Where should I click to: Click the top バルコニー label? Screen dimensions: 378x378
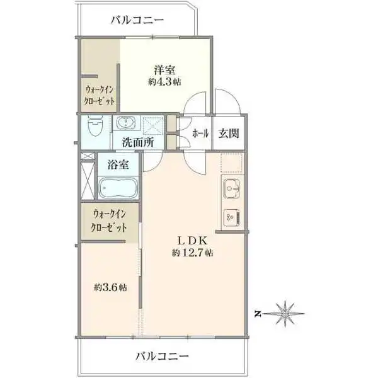coord(137,20)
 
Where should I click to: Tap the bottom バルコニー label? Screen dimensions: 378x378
coord(162,357)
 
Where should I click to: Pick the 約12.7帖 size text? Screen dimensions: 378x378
coord(192,253)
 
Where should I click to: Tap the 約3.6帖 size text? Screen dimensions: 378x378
coord(111,288)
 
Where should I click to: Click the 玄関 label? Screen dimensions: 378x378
coord(228,134)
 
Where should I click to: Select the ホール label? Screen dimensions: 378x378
coord(200,134)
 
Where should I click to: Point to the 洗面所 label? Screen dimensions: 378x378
coord(138,143)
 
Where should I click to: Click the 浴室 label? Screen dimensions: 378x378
coord(118,166)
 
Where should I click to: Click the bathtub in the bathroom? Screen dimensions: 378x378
coord(118,188)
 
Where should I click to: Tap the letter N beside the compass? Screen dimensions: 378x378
coord(258,312)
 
